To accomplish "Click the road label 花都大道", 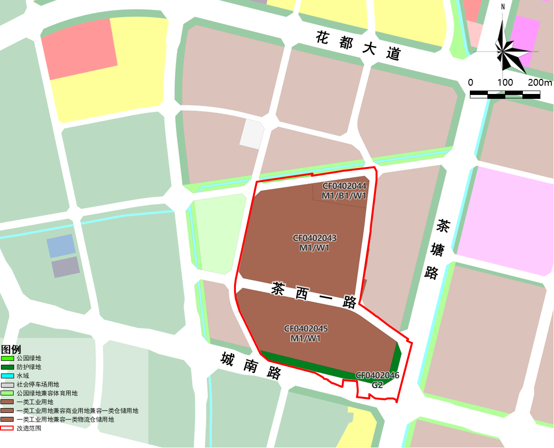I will coord(357,45).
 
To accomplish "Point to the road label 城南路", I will coord(251,365).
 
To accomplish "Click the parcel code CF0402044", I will coord(344,186).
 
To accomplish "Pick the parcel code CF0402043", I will coord(315,238).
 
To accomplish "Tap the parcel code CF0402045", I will coord(305,329).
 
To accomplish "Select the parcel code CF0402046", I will coord(377,375).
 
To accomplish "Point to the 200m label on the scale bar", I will coord(540,82).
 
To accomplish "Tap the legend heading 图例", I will coord(11,350).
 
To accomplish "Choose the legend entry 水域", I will coord(23,376).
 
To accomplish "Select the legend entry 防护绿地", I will coord(29,367).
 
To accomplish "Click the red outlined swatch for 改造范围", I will coord(7,429).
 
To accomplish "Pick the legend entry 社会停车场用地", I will coord(37,385).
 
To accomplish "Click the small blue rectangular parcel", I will coord(61,246).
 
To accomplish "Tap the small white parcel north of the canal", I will coord(251,133).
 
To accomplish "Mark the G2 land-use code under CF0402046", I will coord(377,385).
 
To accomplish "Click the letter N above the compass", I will coord(503,7).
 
